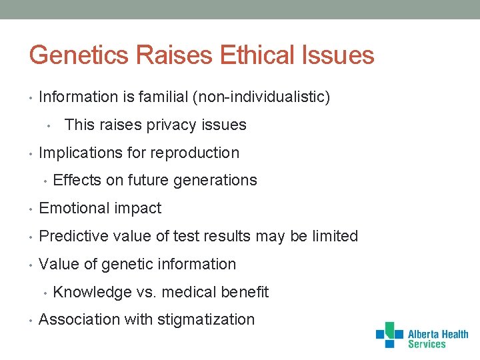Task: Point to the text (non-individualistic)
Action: (261, 97)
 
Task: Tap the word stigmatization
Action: (206, 320)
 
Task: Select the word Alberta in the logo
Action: (423, 335)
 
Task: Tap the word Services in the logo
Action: (427, 345)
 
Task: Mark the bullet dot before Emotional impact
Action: (31, 209)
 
